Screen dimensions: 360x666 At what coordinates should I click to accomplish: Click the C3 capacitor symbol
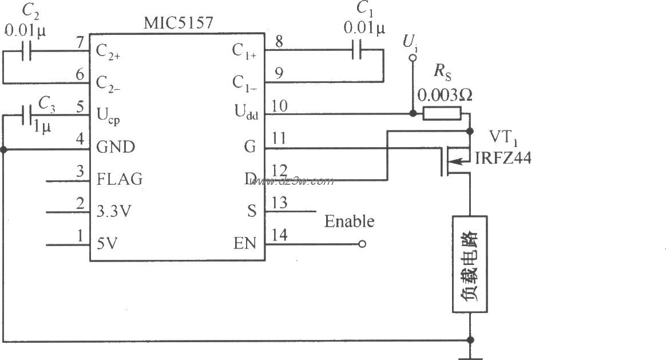click(x=26, y=115)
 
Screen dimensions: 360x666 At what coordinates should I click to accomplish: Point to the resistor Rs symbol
click(x=442, y=114)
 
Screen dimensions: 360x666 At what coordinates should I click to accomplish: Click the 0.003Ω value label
click(x=445, y=95)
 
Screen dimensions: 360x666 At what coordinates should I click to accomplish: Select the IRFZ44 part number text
click(x=503, y=158)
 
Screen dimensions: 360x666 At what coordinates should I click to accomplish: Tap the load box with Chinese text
click(x=470, y=264)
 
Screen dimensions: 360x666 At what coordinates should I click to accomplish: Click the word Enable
click(x=349, y=221)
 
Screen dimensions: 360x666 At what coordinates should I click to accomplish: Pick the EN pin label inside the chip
click(x=244, y=244)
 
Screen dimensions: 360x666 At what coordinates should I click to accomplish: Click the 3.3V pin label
click(x=114, y=211)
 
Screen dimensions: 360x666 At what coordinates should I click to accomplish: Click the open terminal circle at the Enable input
click(x=361, y=244)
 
